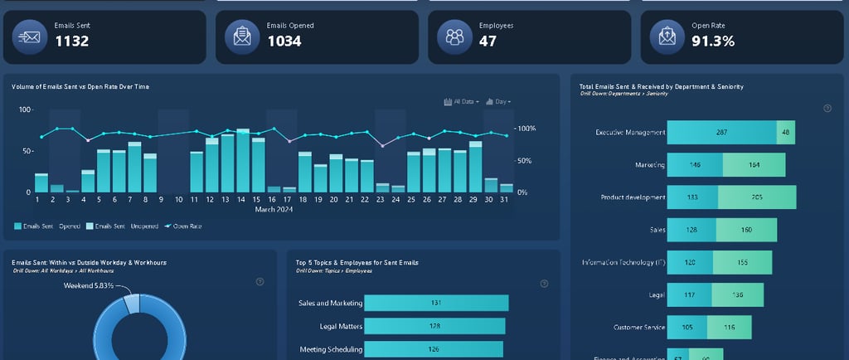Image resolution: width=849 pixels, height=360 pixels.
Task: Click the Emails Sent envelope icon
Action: pos(30,36)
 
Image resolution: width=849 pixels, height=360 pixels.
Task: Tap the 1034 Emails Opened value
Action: pos(284,41)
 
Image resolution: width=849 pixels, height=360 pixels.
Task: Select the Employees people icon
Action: pos(454,36)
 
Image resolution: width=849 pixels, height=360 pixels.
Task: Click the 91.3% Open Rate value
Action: pos(713,41)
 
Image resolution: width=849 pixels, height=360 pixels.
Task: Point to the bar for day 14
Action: pos(243,161)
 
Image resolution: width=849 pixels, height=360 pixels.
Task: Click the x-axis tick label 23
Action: pos(380,200)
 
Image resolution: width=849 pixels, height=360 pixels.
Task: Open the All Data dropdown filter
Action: pos(462,101)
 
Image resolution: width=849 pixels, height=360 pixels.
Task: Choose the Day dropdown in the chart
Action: pos(498,101)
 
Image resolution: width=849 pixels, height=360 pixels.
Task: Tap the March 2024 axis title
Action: pos(274,209)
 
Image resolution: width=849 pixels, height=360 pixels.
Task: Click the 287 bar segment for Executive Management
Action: pos(721,132)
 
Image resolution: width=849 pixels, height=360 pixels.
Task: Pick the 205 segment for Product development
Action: pos(756,197)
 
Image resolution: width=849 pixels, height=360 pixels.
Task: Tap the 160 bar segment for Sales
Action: pos(745,230)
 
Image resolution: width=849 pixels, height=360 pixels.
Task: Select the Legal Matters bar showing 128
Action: pos(434,326)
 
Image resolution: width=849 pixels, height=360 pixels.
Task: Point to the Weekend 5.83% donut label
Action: pos(90,285)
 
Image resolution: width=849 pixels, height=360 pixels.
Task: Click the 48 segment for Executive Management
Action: pos(785,132)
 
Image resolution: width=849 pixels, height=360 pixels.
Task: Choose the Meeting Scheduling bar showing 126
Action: pos(434,349)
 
